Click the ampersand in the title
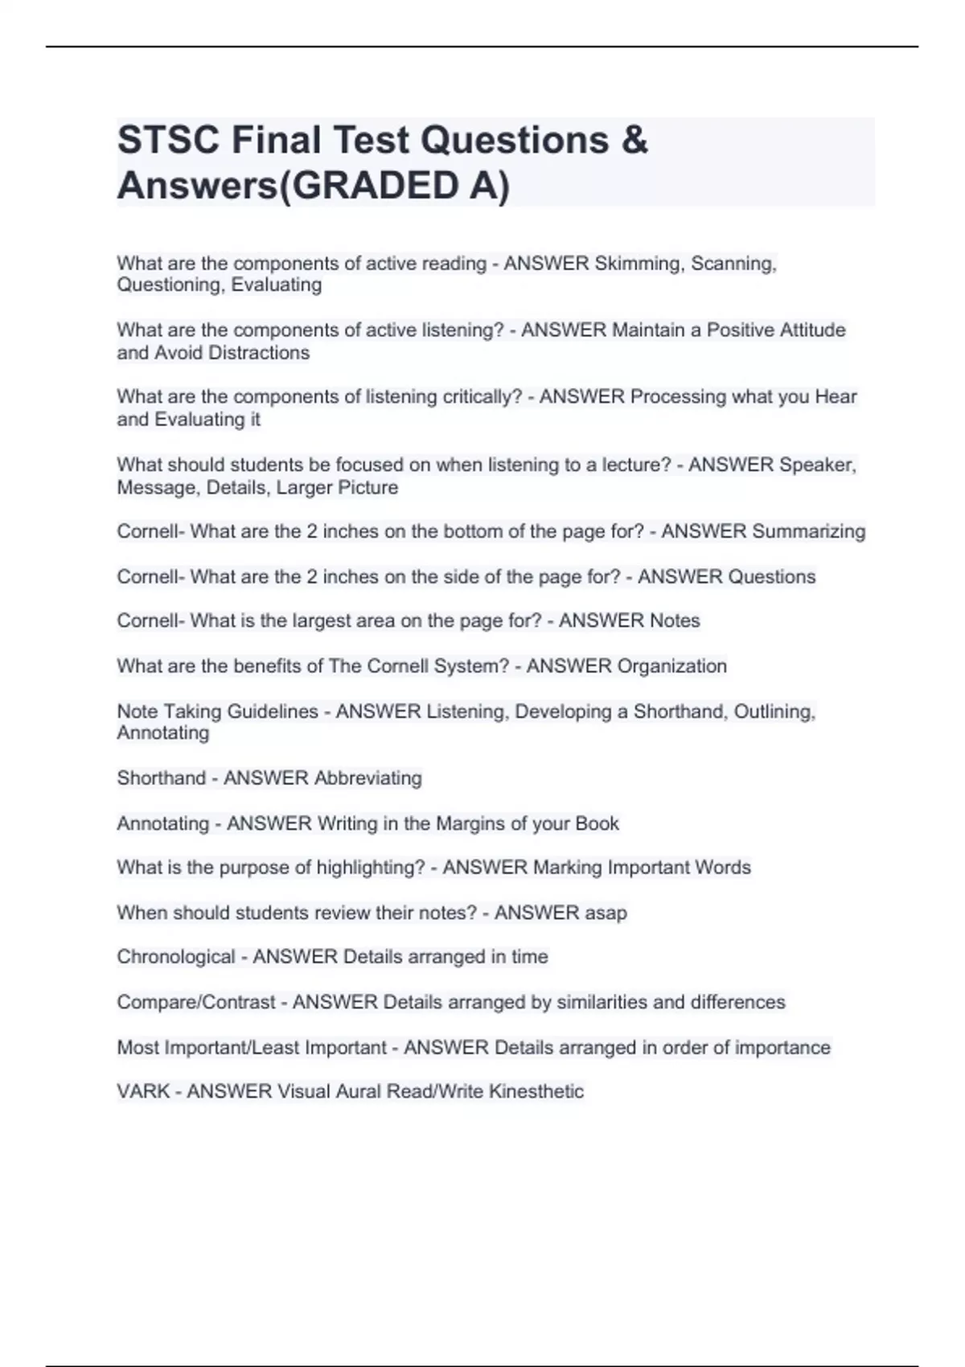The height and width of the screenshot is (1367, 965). point(634,140)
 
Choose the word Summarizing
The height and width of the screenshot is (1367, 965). point(809,532)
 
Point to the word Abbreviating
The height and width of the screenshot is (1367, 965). point(368,778)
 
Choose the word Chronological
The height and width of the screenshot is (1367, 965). point(176,957)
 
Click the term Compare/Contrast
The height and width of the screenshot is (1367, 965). point(196,1003)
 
